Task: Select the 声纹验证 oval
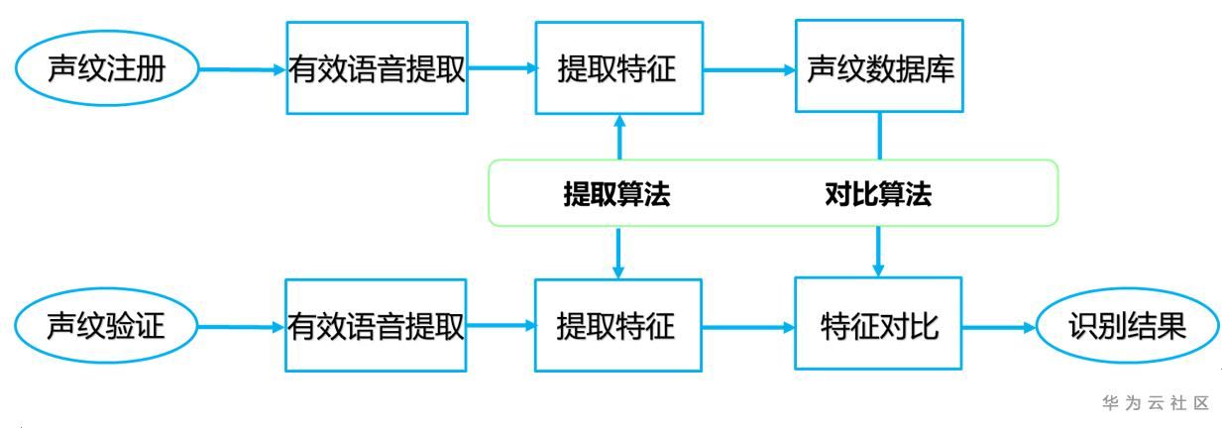[x=106, y=325]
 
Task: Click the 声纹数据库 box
[x=880, y=69]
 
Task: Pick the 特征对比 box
[x=879, y=325]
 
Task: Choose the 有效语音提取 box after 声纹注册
[x=377, y=69]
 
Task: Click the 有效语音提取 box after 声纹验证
[x=377, y=325]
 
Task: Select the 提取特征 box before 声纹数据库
[x=617, y=69]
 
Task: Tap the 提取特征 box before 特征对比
[x=617, y=325]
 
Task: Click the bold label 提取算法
[x=617, y=195]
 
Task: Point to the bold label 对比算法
[x=878, y=195]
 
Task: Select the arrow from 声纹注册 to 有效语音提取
[x=242, y=69]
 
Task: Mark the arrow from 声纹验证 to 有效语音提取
[x=242, y=325]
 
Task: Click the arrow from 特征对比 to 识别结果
[x=999, y=325]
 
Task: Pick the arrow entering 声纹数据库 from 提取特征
[x=748, y=69]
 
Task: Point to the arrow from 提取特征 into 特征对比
[x=748, y=325]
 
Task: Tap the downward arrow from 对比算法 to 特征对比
[x=879, y=252]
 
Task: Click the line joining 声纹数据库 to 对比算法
[x=880, y=137]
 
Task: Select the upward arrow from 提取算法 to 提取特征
[x=619, y=137]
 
